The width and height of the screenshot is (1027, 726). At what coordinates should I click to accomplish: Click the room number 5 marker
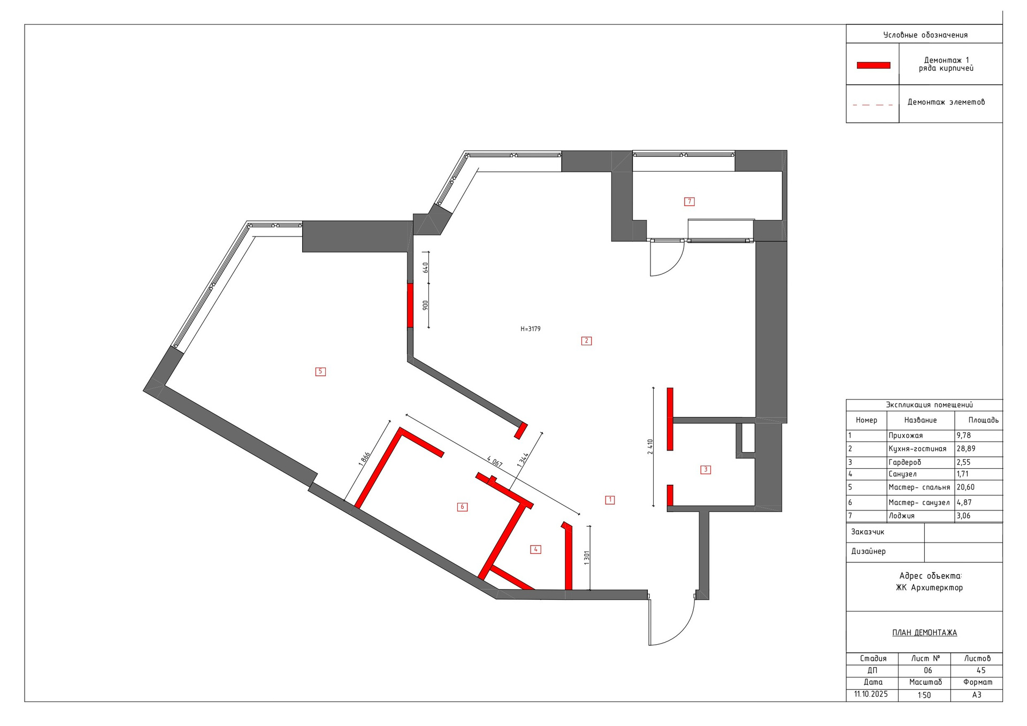320,371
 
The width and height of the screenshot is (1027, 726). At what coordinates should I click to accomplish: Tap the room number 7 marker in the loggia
689,202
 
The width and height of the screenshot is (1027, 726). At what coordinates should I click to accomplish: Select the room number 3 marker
706,470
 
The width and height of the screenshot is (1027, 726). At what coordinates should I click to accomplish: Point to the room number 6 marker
463,507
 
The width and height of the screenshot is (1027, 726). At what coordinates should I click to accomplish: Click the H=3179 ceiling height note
531,329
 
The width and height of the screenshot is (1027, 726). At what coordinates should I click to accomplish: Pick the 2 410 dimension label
650,447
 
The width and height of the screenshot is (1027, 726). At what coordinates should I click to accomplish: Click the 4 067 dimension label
494,461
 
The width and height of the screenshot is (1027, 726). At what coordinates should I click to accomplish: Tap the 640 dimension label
426,267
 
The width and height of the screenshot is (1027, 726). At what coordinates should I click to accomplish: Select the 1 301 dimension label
587,557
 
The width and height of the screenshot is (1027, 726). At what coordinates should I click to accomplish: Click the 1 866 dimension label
364,459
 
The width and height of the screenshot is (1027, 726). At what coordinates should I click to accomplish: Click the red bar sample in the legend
873,65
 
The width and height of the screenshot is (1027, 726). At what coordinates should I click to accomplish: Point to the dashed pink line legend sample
872,105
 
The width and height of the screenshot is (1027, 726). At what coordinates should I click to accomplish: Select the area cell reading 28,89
966,449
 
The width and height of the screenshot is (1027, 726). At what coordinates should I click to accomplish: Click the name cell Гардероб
905,462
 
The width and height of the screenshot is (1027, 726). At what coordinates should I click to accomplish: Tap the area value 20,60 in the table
965,487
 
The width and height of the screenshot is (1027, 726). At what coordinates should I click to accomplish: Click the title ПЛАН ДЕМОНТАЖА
924,633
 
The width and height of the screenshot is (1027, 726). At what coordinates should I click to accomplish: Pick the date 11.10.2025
871,694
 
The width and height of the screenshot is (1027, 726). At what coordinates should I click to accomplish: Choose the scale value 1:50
924,696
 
